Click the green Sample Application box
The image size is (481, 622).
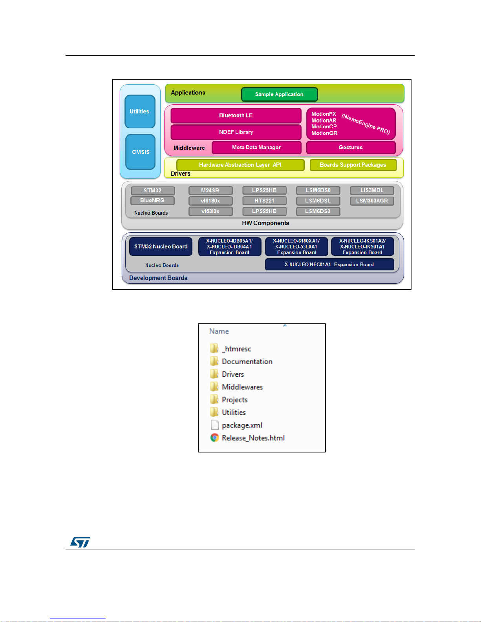[x=279, y=94]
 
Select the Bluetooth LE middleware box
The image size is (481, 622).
[x=236, y=115]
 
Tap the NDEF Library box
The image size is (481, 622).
[x=236, y=132]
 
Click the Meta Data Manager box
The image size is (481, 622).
[x=256, y=148]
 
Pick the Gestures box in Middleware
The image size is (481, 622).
[x=351, y=148]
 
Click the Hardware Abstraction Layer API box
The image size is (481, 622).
[x=240, y=165]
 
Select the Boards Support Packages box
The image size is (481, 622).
[x=353, y=165]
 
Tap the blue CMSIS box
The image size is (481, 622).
[x=141, y=152]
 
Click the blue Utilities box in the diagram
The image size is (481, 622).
[x=140, y=111]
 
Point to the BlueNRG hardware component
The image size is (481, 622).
[x=152, y=201]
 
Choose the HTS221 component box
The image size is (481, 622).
[x=264, y=201]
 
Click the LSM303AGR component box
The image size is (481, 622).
[x=372, y=201]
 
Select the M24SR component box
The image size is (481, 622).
[x=210, y=190]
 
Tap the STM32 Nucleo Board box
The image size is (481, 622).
[x=161, y=246]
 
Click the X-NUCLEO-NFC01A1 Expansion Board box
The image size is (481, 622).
[x=329, y=264]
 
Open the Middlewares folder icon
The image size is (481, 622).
[x=214, y=387]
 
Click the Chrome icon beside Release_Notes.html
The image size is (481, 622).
[x=214, y=438]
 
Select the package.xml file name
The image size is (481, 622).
[x=242, y=425]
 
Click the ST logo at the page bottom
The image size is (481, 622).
[x=80, y=542]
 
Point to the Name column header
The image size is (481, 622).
[x=219, y=331]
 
